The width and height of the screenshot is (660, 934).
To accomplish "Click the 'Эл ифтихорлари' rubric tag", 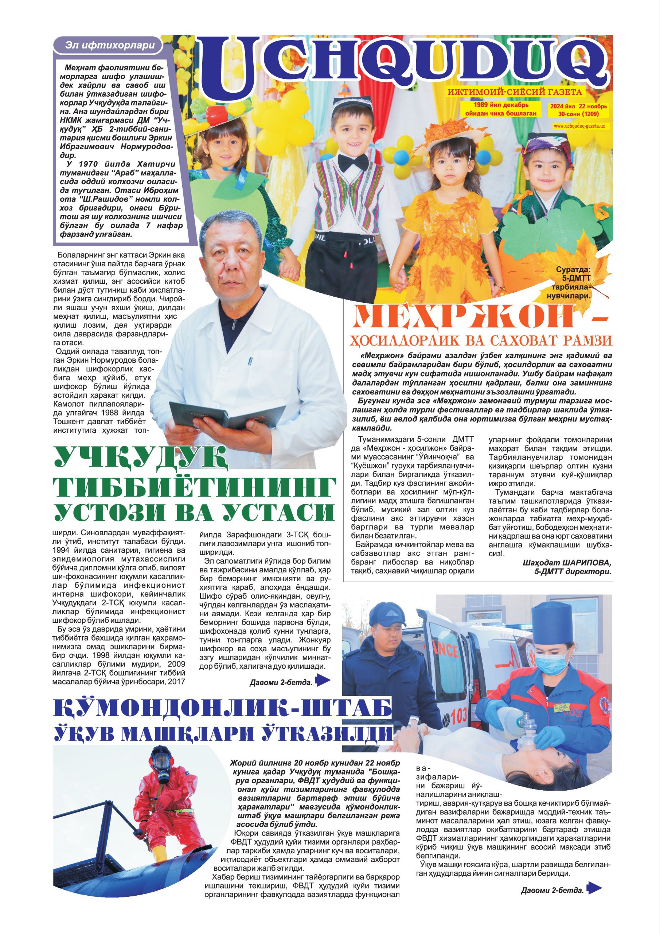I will [110, 45].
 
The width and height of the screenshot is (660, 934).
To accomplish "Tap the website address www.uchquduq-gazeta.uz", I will [579, 127].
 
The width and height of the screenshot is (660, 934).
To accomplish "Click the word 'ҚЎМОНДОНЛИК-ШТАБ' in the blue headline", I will [223, 709].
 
